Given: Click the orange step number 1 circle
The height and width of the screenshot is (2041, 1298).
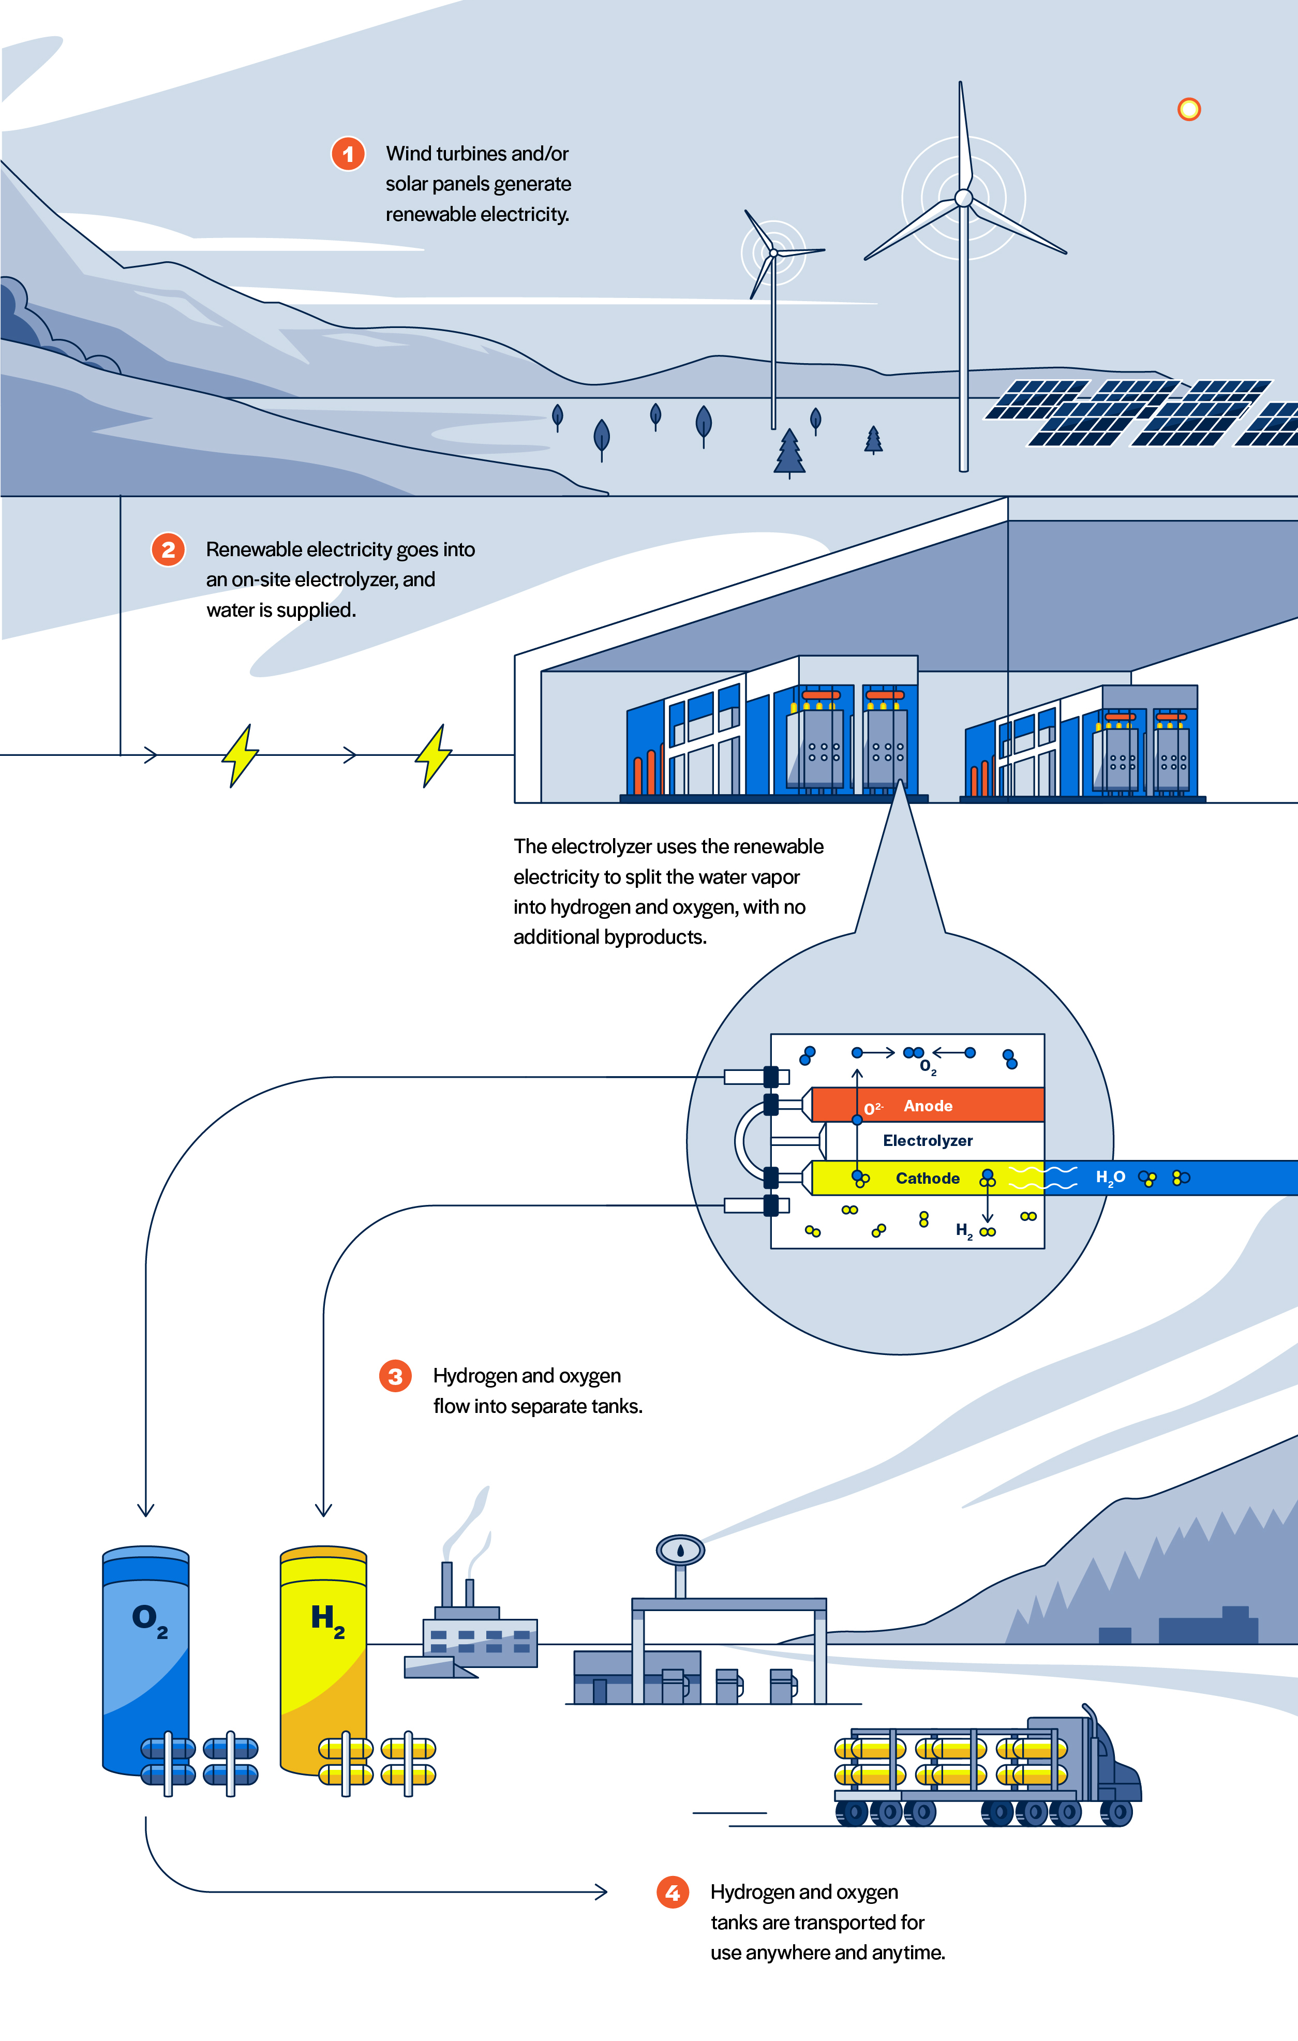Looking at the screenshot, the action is [x=348, y=154].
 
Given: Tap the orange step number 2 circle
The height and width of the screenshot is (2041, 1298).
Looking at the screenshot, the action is [x=168, y=549].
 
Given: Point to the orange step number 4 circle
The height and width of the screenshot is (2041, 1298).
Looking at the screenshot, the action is [x=673, y=1892].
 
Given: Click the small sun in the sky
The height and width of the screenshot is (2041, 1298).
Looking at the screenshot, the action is [x=1189, y=109].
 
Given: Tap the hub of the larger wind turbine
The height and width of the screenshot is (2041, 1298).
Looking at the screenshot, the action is [x=963, y=198].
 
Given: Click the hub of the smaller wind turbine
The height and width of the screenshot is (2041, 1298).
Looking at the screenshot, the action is [x=773, y=252].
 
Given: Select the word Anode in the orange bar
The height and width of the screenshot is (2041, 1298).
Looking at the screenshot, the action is [x=928, y=1106].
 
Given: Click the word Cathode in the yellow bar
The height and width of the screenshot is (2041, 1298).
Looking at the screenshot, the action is [x=928, y=1178].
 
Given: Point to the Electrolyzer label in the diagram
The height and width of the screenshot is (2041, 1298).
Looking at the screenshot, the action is [x=928, y=1141].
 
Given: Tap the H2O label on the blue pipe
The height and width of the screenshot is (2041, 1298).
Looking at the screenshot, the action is [x=1110, y=1178].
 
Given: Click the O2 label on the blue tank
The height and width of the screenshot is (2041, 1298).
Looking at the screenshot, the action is [x=149, y=1620].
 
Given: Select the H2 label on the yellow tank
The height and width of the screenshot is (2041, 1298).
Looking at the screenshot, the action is [x=327, y=1620].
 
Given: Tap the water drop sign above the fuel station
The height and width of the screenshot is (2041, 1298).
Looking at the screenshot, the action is [x=680, y=1550].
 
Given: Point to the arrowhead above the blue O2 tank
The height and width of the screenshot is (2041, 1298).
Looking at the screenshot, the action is [x=146, y=1510].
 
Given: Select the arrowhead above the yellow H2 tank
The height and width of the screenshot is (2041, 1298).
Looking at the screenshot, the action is [x=323, y=1510].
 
